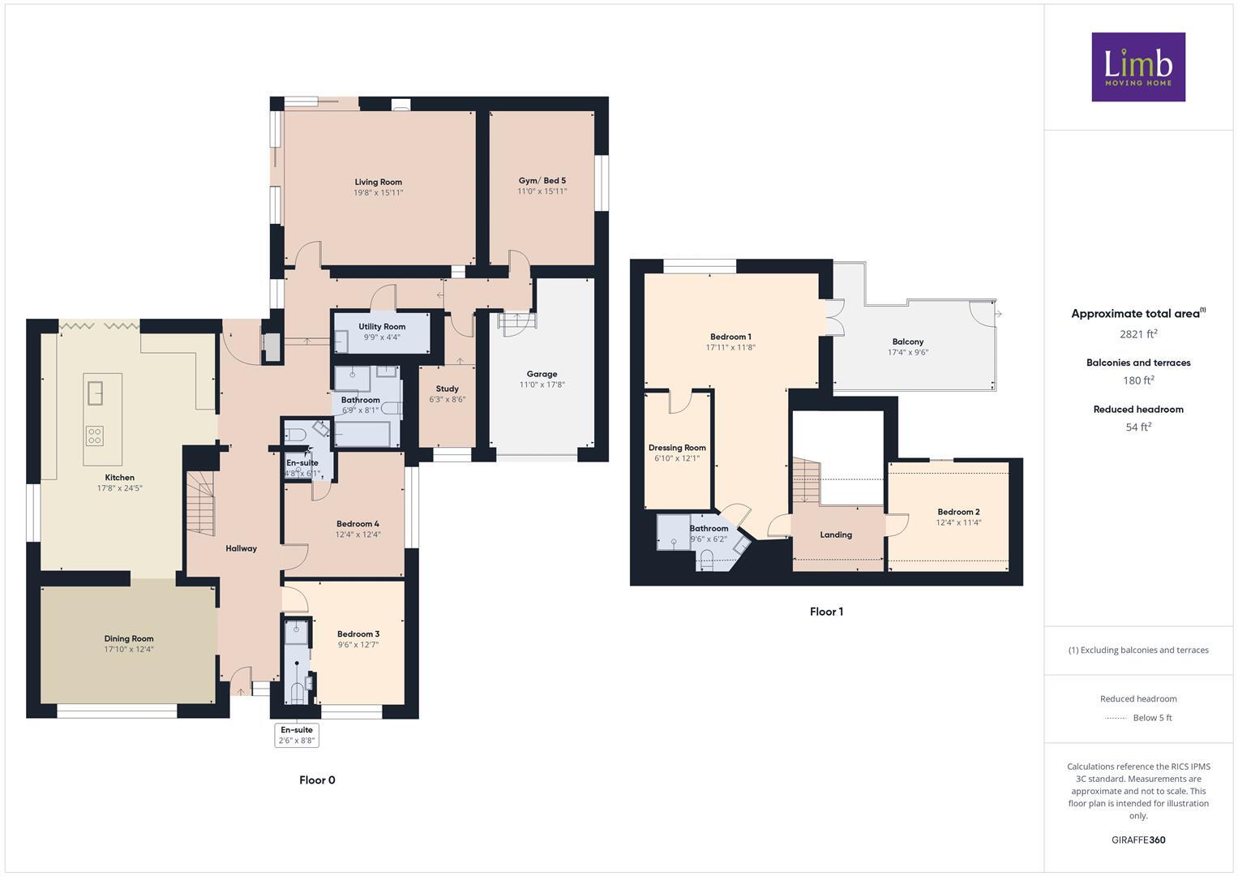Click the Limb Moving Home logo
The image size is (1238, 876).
tap(1137, 67)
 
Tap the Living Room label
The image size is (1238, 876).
tap(378, 182)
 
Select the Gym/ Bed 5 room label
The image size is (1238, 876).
tap(542, 181)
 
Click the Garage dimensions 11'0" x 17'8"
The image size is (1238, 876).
tap(542, 384)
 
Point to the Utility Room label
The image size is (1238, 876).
tap(382, 327)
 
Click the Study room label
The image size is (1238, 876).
tap(447, 389)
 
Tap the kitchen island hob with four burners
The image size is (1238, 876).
tap(94, 435)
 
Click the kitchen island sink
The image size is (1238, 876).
tap(95, 392)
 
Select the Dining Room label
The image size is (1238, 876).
tap(128, 638)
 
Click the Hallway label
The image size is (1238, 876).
tap(241, 548)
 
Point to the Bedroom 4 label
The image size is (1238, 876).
tap(358, 524)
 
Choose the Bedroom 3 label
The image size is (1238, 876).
tap(358, 634)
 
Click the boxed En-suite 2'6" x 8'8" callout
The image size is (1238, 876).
tap(296, 735)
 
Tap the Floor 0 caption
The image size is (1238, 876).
tap(317, 780)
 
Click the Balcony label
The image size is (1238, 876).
tap(907, 342)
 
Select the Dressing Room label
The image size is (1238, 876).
tap(677, 448)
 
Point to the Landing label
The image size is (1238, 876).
tap(835, 535)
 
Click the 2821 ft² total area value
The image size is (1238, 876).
tap(1138, 333)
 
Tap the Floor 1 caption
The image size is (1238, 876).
tap(826, 612)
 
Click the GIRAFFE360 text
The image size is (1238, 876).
tap(1137, 839)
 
